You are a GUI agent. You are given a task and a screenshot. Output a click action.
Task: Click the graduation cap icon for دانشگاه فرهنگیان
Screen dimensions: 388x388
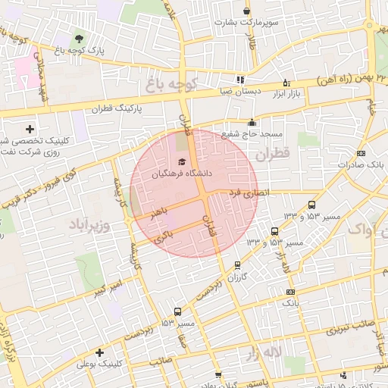181,161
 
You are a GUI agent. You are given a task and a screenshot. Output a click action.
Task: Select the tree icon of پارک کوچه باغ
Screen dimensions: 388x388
80,39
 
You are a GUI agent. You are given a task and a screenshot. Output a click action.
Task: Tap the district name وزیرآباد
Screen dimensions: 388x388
89,225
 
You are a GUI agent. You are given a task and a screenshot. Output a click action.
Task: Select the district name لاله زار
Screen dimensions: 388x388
264,354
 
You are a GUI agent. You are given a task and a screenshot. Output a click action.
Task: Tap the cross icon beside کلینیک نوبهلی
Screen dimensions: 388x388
99,352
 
